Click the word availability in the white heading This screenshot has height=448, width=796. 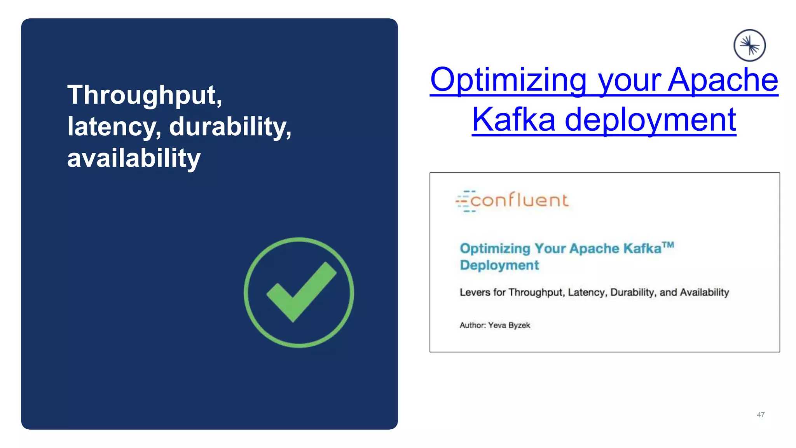134,158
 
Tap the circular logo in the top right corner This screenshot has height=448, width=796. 749,45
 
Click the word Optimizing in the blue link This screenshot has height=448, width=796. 508,80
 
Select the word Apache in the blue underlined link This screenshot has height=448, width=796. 723,80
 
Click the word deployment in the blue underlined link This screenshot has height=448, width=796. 650,120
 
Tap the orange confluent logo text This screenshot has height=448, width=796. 519,201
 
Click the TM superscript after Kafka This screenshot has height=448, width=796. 668,245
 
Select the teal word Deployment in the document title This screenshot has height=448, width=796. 499,265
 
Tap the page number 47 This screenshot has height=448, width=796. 761,415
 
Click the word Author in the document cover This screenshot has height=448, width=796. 472,325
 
